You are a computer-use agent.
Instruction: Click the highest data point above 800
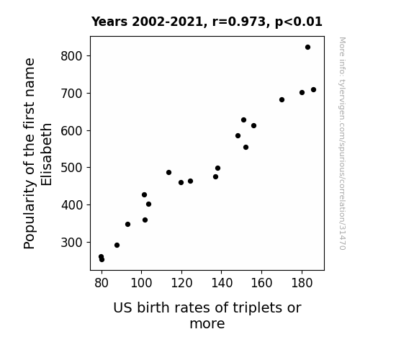click(x=307, y=48)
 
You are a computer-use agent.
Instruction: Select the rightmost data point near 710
click(x=313, y=90)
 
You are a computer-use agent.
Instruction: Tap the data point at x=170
click(x=282, y=100)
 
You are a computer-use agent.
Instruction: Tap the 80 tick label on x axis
click(x=102, y=283)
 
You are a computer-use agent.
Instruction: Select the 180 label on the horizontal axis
click(x=302, y=283)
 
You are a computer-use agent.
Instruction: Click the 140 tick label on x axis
click(x=222, y=283)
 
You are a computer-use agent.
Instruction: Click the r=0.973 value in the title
click(x=239, y=22)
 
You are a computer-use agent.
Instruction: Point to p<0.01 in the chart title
click(x=299, y=22)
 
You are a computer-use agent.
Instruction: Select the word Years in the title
click(x=109, y=22)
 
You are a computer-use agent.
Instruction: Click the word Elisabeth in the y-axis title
click(x=47, y=155)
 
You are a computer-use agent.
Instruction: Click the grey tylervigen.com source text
click(x=342, y=143)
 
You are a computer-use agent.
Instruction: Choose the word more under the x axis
click(x=207, y=324)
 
